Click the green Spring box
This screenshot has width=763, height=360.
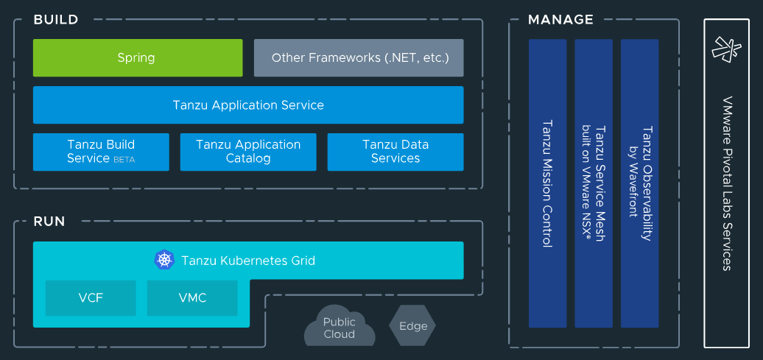coord(138,58)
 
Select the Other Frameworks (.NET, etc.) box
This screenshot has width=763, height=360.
coord(359,58)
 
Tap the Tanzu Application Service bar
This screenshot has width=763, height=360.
coord(248,105)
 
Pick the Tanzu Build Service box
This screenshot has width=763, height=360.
coord(101,152)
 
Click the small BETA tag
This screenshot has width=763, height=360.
coord(124,160)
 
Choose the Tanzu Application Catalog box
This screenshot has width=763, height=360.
coord(248,152)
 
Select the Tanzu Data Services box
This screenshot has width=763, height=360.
coord(395,152)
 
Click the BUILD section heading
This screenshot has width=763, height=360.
coord(56,20)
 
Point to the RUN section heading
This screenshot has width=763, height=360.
coord(49,222)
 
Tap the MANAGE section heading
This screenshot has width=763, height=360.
coord(560,20)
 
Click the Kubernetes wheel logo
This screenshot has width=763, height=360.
coord(164,260)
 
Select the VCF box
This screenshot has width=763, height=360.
coord(91,298)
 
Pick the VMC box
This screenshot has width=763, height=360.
coord(192,298)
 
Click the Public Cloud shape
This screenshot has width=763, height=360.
coord(340,327)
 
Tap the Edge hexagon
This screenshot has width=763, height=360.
coord(412,326)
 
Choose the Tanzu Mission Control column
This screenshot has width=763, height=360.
coord(547,183)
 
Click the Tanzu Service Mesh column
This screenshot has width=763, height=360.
coord(593,183)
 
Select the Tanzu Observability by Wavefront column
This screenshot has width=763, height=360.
coord(639,183)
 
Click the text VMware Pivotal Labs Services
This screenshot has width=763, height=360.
coord(728,183)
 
